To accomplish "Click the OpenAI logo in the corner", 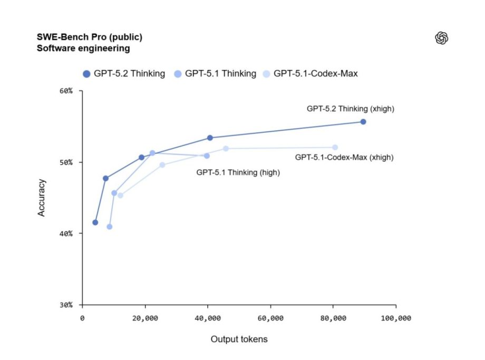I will tap(441, 38).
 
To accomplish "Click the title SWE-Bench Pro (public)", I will tap(89, 37).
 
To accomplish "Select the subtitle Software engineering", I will tap(83, 48).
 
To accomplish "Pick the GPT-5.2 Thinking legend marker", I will tap(86, 74).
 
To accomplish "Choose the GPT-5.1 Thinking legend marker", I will tap(178, 74).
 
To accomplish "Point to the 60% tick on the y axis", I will tap(72, 91).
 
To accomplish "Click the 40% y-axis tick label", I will tap(72, 233).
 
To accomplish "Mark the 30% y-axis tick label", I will tap(72, 305).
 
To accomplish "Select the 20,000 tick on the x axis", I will tap(145, 318).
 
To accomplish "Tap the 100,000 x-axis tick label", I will tap(395, 318).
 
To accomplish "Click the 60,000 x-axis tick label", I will tap(270, 318).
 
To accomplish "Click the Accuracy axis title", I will tap(42, 198).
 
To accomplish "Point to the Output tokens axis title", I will tap(239, 339).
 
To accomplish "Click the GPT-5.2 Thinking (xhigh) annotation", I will tap(351, 109).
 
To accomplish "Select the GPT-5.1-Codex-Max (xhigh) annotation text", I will tap(344, 157).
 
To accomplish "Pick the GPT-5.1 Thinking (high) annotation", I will tap(238, 172).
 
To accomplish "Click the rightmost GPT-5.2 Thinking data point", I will tap(363, 122).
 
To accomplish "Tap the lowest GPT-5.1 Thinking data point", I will tap(109, 227).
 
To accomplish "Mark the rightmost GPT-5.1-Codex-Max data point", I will tap(335, 148).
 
